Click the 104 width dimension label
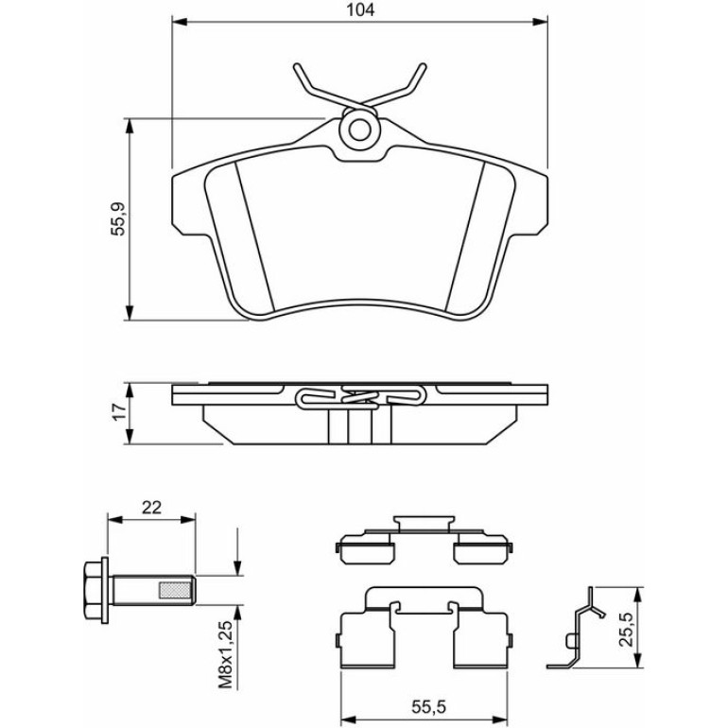point(361,9)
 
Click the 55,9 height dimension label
point(119,218)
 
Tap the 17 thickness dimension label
point(119,412)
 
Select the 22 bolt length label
point(151,508)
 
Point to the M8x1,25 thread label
point(226,654)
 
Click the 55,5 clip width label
point(428,707)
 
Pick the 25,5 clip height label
point(626,630)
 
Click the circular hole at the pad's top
point(360,130)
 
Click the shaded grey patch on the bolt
point(175,590)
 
